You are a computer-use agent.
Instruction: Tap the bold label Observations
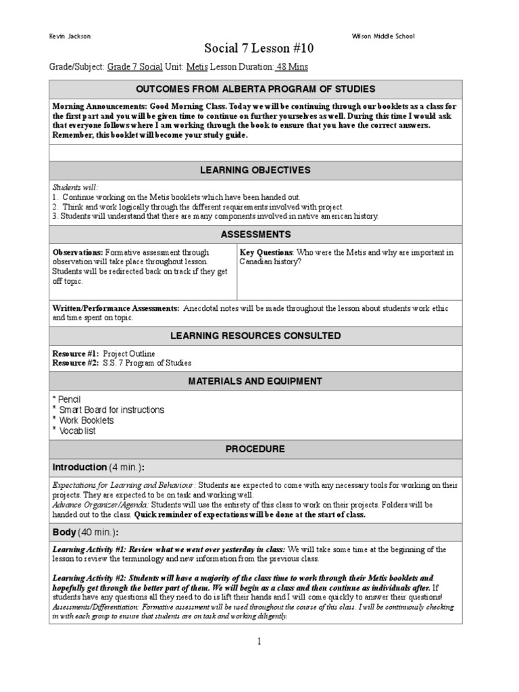click(78, 252)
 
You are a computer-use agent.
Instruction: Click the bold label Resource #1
click(75, 353)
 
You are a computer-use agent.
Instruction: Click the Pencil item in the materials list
click(70, 399)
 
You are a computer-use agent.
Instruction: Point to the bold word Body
click(64, 533)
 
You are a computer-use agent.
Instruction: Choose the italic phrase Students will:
click(75, 187)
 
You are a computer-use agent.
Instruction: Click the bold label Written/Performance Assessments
click(116, 308)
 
